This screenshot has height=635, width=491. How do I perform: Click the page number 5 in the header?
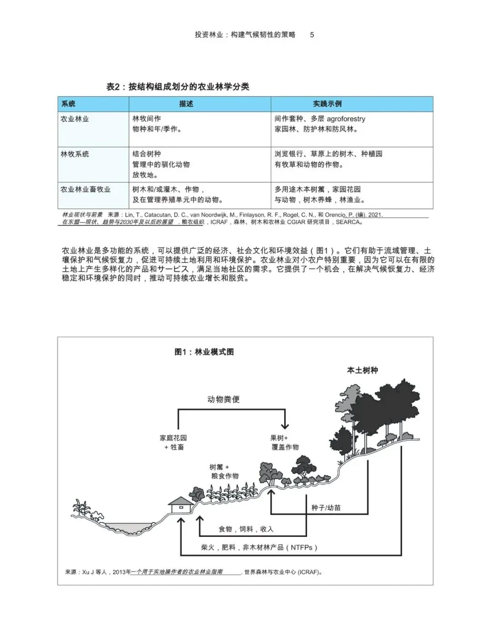coord(312,35)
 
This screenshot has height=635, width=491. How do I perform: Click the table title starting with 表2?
coord(178,87)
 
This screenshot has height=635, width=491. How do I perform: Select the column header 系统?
coord(68,104)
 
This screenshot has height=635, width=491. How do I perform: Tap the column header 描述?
coord(186,104)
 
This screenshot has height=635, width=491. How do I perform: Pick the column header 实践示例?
coord(327,104)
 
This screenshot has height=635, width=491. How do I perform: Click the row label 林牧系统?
coord(75,154)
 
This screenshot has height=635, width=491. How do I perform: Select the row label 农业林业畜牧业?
coord(85,189)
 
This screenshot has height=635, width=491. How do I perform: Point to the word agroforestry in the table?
coord(346,119)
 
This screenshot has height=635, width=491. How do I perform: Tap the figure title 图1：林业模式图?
coord(204,352)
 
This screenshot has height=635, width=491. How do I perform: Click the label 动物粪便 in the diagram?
coord(223,399)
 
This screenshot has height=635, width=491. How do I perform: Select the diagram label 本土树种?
coord(362,370)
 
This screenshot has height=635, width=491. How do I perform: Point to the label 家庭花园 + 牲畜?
coord(173,442)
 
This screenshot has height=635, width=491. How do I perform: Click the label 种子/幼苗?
coord(326,507)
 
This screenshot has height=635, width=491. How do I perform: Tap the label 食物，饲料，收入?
coord(246,529)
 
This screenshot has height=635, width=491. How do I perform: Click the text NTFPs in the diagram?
coord(301,548)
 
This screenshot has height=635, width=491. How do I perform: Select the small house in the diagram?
coord(180,504)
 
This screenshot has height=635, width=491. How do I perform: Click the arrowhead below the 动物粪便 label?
coord(285,426)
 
